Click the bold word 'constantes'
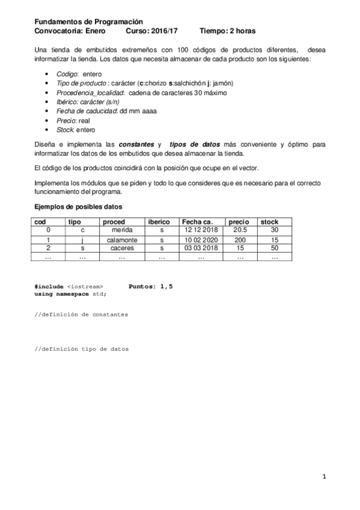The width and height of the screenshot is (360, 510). tap(136, 145)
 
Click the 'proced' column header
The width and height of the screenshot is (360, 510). tap(114, 222)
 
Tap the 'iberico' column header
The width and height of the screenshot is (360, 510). tap(159, 222)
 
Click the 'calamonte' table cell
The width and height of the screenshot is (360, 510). tap(121, 239)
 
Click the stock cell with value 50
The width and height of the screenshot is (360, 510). tap(274, 248)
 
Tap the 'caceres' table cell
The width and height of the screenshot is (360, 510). tap(121, 248)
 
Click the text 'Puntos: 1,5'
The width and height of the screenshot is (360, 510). tap(151, 286)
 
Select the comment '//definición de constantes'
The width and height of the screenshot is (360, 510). tap(81, 314)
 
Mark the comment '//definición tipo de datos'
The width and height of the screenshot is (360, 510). tap(81, 349)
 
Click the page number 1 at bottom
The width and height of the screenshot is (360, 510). tap(324, 478)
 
